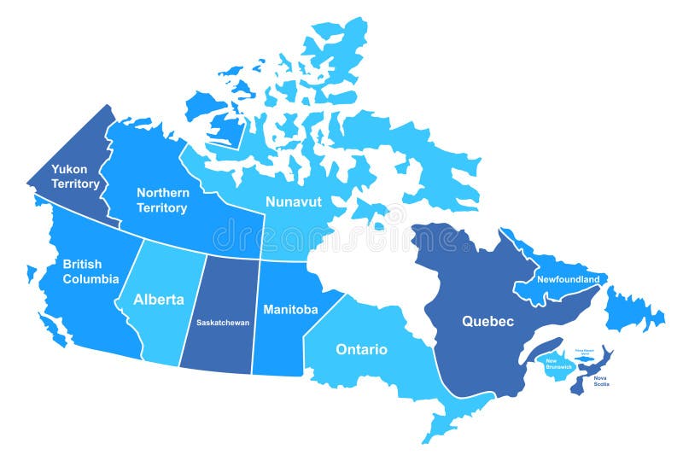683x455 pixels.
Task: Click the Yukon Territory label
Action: coord(75,177)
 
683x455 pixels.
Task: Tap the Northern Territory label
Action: coord(163,201)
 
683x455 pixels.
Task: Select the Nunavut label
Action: coord(293,202)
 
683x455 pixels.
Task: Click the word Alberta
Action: coord(158,300)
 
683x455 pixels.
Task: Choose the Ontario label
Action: coord(361,349)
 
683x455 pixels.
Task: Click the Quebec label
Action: coord(487,322)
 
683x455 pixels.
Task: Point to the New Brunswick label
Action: coord(557,365)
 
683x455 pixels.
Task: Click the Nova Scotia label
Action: coord(603,381)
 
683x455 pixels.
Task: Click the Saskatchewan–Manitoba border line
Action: coord(255,316)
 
